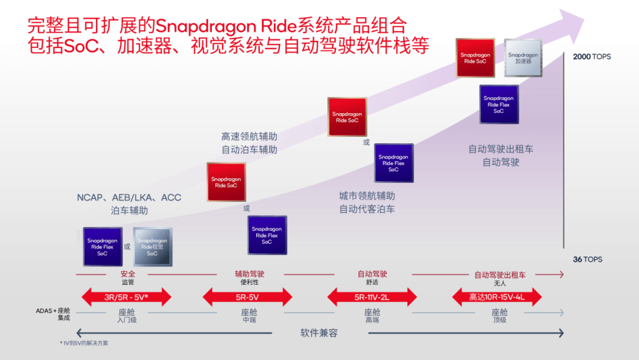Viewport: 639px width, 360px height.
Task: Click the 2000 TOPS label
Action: pos(592,57)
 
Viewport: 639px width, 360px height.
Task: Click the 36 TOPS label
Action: pos(588,259)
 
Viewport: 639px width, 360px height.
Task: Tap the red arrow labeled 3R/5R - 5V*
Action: pos(126,297)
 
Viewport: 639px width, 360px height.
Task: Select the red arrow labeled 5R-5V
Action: pos(247,297)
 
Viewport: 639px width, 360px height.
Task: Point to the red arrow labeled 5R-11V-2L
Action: pos(372,297)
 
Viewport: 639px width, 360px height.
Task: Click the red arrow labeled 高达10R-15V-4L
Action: pos(496,297)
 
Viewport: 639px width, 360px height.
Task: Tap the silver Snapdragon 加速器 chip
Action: pos(522,58)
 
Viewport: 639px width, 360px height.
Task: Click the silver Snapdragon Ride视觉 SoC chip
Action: pos(152,247)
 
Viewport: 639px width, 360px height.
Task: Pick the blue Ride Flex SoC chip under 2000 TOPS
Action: pos(499,104)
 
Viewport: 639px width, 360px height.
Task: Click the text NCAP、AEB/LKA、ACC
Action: pos(129,197)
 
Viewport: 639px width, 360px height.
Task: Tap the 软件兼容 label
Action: pos(319,333)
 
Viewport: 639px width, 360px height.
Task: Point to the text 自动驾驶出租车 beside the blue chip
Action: pos(501,149)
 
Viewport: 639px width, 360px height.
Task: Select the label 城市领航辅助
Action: pos(367,195)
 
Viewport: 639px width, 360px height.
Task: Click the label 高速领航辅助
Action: pos(249,137)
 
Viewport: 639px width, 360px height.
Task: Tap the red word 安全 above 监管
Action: pos(128,274)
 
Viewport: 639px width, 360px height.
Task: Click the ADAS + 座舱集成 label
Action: pos(53,314)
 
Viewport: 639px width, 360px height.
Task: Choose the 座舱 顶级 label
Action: pos(499,315)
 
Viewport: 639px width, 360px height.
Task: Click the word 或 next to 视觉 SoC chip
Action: pos(127,246)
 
